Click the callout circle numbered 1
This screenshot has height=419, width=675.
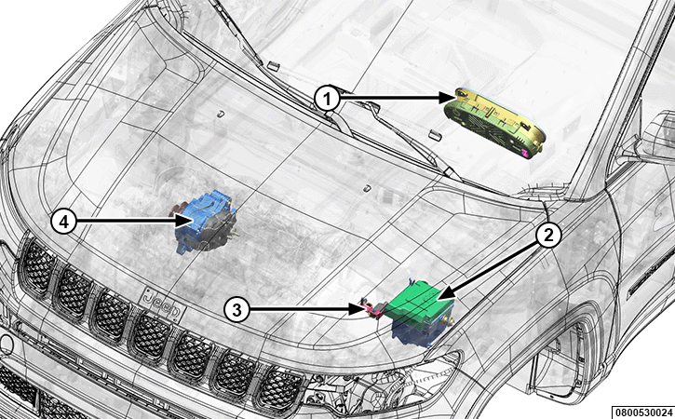pyautogui.click(x=328, y=99)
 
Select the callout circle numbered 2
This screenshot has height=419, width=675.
pyautogui.click(x=548, y=236)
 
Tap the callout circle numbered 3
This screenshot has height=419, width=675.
pyautogui.click(x=236, y=309)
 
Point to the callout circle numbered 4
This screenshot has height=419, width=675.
pyautogui.click(x=63, y=222)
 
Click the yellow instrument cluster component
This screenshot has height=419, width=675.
pyautogui.click(x=495, y=123)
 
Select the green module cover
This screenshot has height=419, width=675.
pyautogui.click(x=418, y=302)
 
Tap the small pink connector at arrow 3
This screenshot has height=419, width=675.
pyautogui.click(x=370, y=309)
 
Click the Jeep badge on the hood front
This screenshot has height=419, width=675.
pyautogui.click(x=163, y=303)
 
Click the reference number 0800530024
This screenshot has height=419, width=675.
pyautogui.click(x=642, y=412)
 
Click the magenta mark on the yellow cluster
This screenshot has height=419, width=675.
pyautogui.click(x=525, y=152)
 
